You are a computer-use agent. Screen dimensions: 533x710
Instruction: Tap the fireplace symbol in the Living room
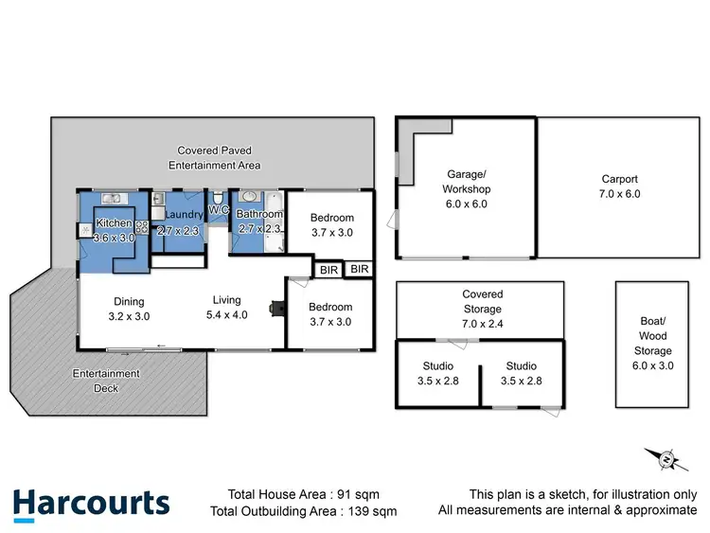[275, 308]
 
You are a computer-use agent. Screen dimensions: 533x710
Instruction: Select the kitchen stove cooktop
[143, 226]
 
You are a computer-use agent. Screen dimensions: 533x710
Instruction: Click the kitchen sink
[112, 198]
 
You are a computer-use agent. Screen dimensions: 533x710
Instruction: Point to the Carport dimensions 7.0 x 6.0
[620, 193]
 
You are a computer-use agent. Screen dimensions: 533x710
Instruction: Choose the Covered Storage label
[483, 302]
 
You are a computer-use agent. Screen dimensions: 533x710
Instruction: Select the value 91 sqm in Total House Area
[370, 494]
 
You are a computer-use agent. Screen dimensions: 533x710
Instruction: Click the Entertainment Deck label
[106, 380]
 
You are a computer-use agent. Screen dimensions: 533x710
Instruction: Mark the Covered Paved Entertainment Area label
[214, 158]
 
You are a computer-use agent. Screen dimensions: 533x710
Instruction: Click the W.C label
[218, 209]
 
